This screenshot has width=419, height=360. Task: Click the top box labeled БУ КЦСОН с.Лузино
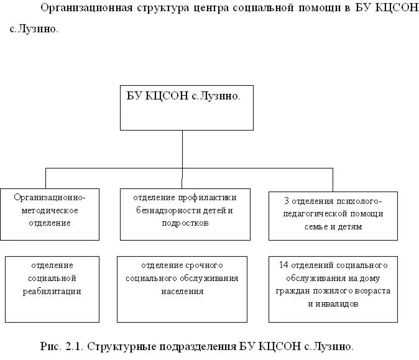tap(186, 108)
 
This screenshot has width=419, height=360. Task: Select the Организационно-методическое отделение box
tap(50, 215)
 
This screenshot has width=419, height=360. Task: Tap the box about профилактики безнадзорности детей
tap(185, 215)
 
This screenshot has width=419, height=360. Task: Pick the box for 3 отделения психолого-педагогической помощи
tap(333, 216)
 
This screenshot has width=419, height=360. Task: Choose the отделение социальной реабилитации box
tap(52, 289)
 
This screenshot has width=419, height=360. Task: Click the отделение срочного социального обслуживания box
tap(182, 289)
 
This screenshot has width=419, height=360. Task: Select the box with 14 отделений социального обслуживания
tap(333, 289)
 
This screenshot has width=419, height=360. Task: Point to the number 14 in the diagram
tap(283, 265)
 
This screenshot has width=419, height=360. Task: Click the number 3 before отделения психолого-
tap(287, 201)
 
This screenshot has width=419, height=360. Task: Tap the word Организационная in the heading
tap(86, 8)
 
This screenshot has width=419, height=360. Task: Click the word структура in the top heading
tap(163, 9)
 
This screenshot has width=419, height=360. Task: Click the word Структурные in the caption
tap(122, 347)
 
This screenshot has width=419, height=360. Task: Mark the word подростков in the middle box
tap(185, 223)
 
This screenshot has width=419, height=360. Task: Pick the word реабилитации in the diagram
tap(52, 292)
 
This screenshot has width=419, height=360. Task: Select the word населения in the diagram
tap(182, 291)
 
